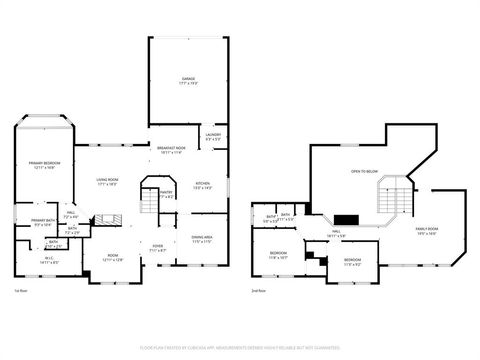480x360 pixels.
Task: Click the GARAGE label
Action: pyautogui.click(x=187, y=79)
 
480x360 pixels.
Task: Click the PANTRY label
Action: pyautogui.click(x=166, y=195)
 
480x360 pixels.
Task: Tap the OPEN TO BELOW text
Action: pyautogui.click(x=363, y=172)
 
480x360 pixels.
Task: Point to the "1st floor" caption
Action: pyautogui.click(x=20, y=291)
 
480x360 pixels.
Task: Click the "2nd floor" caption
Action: pyautogui.click(x=259, y=291)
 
